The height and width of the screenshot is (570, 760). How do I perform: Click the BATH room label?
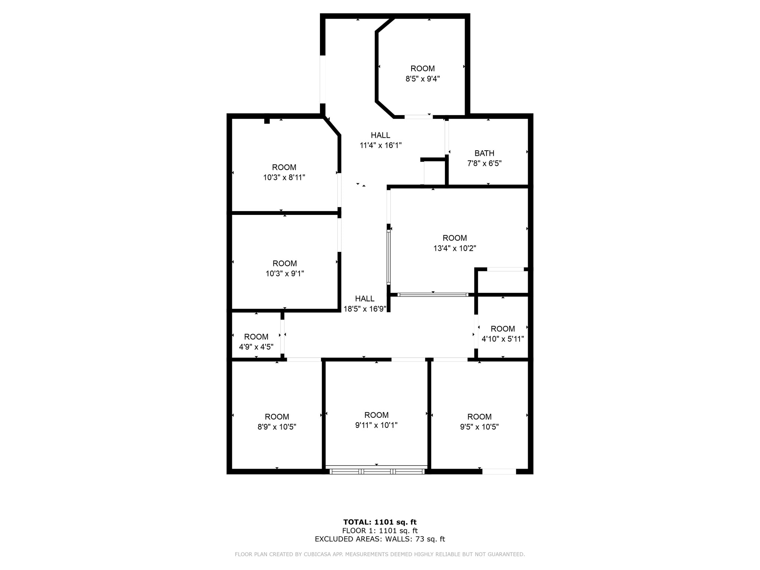click(x=484, y=153)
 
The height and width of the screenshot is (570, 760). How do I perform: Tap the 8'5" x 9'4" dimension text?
click(x=423, y=79)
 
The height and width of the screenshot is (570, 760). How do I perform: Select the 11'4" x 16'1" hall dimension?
click(x=380, y=145)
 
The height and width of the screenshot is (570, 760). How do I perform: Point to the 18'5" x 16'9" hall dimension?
click(x=365, y=309)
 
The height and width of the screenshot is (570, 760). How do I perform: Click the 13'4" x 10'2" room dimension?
click(x=455, y=248)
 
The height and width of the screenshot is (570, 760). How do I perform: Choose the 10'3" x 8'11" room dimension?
click(x=284, y=177)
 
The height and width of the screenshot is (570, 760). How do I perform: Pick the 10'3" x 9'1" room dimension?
click(x=285, y=273)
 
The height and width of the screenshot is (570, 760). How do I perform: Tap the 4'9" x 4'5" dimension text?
click(x=256, y=347)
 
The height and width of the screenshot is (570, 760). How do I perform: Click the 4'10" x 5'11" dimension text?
click(x=503, y=339)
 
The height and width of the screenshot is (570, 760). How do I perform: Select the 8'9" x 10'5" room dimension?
click(x=277, y=427)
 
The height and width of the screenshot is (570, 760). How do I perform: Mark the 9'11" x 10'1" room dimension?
click(x=376, y=425)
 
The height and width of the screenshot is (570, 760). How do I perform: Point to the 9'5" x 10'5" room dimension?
click(x=479, y=427)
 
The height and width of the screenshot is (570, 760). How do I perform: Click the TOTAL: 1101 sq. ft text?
click(x=380, y=522)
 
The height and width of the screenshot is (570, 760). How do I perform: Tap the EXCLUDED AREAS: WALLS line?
click(x=380, y=539)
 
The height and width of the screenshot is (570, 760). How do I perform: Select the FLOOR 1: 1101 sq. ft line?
click(x=380, y=531)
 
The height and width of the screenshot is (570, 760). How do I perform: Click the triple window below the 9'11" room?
click(x=377, y=472)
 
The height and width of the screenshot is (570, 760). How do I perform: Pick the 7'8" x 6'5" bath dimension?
click(x=484, y=163)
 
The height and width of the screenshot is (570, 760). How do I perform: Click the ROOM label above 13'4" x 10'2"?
click(x=455, y=238)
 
